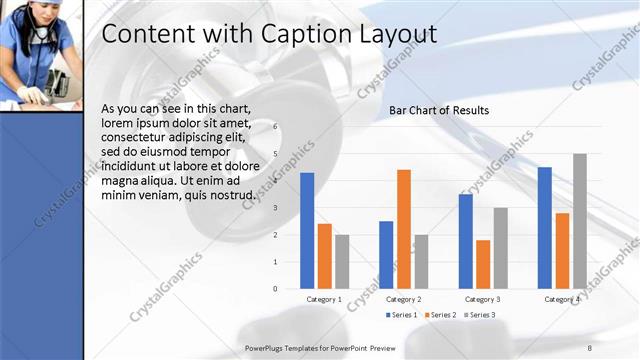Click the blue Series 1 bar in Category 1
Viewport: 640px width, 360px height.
click(x=307, y=231)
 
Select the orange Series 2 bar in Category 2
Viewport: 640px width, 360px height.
click(x=403, y=229)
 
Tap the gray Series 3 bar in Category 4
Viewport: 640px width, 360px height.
click(x=580, y=221)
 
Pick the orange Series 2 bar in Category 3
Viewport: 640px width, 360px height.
click(x=483, y=264)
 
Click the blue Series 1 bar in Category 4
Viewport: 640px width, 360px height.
click(x=545, y=228)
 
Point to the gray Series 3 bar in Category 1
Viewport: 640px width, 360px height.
click(x=342, y=262)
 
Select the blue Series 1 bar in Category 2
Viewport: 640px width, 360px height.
click(x=386, y=255)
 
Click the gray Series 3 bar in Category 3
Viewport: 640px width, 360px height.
click(x=501, y=248)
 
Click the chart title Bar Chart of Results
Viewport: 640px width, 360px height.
click(x=439, y=110)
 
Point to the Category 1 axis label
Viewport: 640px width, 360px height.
click(x=324, y=299)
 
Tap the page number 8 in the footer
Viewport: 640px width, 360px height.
click(x=589, y=346)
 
